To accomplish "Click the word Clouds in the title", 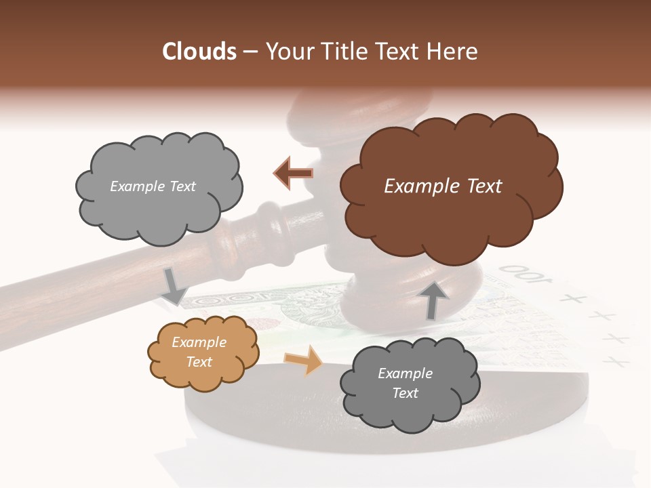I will coord(199,52).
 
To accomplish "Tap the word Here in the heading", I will coord(454,52).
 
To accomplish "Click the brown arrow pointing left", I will coord(293,174).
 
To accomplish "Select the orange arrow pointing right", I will coord(303,360).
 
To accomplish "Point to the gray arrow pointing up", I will coord(433,300).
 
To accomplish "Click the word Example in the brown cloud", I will coord(418,186).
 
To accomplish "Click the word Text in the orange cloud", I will coord(199,362).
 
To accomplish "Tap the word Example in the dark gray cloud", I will coord(405,373).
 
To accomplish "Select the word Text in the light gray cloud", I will coord(181,186).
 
